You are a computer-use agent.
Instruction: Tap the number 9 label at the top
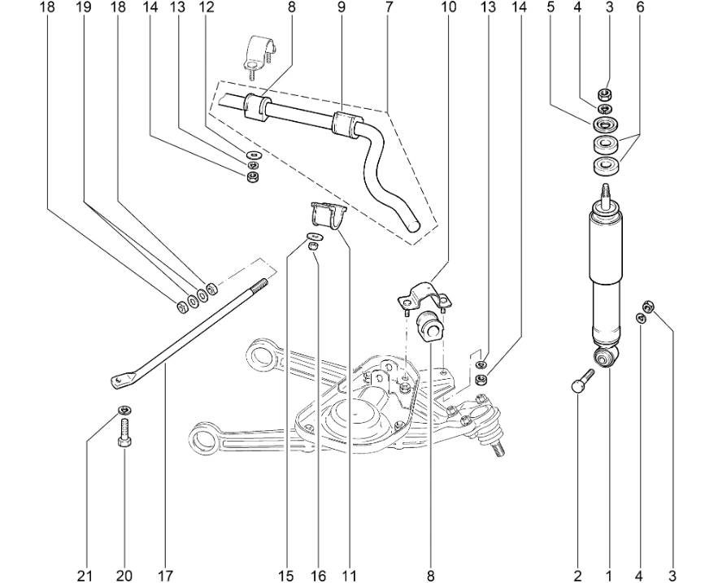click(342, 7)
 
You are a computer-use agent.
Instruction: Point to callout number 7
click(389, 7)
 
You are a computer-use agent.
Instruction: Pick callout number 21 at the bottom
click(85, 576)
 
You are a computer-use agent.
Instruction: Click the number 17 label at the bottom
click(165, 576)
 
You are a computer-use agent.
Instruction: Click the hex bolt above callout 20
click(124, 430)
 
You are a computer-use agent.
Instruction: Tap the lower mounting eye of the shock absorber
click(606, 357)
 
